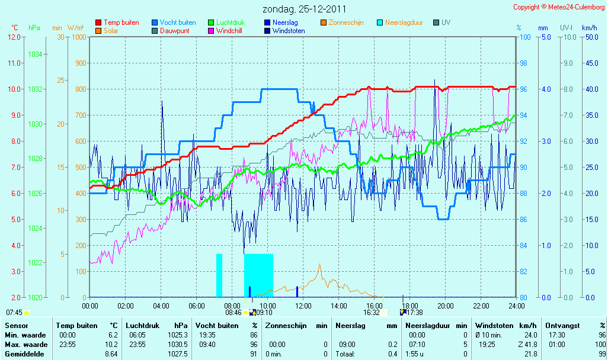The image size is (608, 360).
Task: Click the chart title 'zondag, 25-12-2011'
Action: [304, 9]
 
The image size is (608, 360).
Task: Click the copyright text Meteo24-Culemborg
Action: [576, 7]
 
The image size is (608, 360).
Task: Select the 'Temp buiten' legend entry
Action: [117, 22]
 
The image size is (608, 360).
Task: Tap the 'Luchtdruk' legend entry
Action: [226, 22]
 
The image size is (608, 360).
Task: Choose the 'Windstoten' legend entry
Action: [284, 31]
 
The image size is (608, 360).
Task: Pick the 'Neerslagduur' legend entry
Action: [400, 22]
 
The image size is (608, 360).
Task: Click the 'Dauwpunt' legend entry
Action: [171, 31]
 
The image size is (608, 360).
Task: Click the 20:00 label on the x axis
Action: [446, 306]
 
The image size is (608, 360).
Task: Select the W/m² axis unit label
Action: [76, 28]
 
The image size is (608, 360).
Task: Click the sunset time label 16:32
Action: [372, 313]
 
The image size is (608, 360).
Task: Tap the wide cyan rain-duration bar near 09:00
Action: [258, 275]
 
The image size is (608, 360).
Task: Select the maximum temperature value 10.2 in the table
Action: [111, 345]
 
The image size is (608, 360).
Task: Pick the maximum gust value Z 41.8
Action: [528, 345]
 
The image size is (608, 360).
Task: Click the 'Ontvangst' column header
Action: [562, 326]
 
